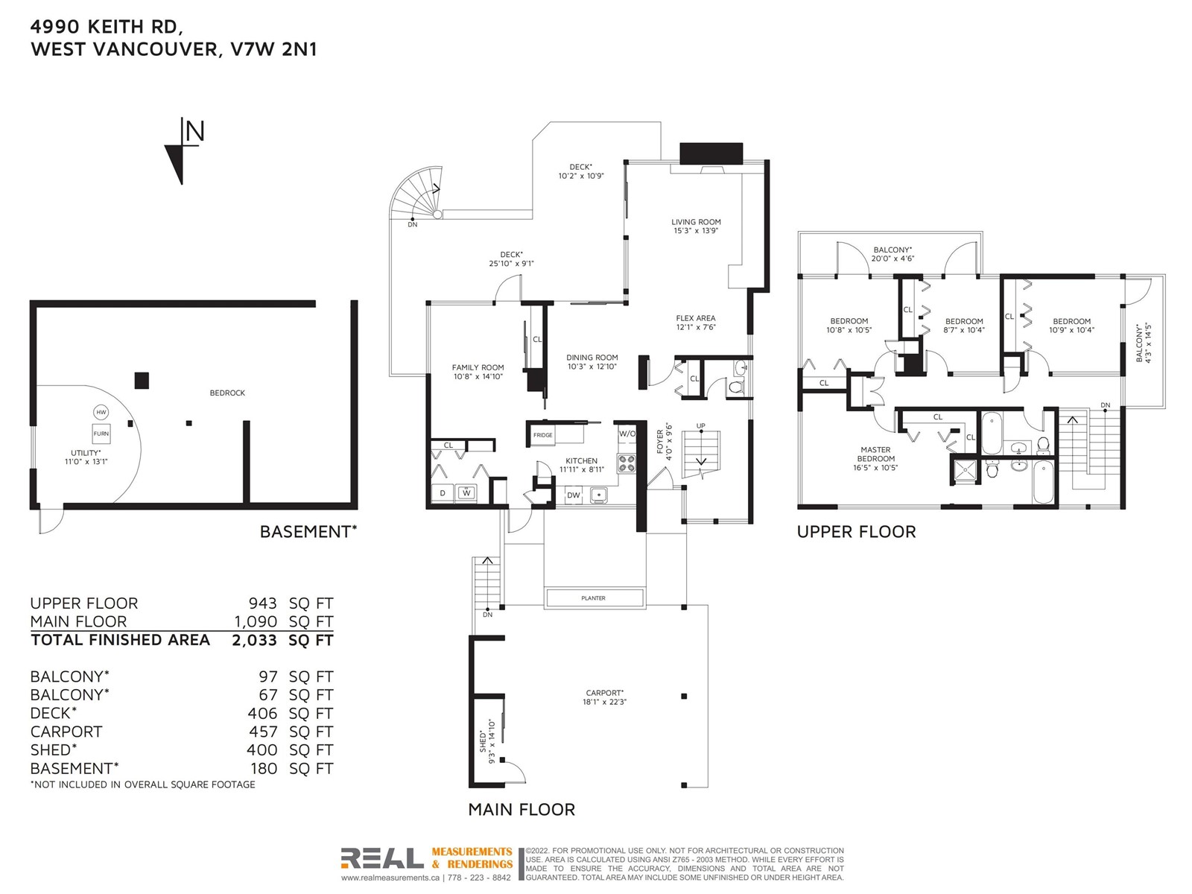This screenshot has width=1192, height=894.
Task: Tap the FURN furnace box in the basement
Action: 101,434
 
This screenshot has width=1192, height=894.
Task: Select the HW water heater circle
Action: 101,412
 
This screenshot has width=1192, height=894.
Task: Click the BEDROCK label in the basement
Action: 227,393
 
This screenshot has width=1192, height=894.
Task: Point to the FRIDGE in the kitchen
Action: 543,435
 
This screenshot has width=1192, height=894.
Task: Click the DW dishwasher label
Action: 574,495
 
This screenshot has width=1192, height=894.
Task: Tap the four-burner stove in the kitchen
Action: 626,463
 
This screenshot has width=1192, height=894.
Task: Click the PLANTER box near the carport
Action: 594,598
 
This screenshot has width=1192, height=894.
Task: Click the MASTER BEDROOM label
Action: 875,454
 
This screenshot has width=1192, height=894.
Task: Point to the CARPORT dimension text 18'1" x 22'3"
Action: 604,702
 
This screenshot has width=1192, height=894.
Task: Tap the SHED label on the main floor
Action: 483,741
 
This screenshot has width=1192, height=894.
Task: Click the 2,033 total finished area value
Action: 255,641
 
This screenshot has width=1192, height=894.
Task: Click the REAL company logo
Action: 382,858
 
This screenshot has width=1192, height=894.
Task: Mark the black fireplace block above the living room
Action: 711,153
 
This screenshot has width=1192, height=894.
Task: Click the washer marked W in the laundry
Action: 466,493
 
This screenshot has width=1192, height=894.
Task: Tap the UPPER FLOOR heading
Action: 857,532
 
